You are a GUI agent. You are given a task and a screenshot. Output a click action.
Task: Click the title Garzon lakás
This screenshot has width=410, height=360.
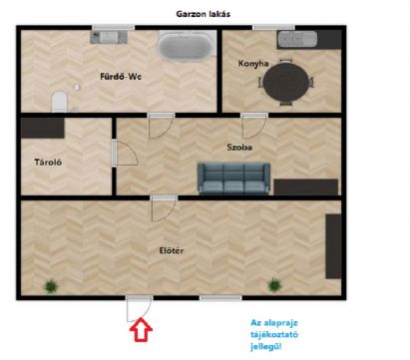(x=203, y=14)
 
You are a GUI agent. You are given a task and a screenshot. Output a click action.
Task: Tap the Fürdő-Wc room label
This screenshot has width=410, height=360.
(x=121, y=77)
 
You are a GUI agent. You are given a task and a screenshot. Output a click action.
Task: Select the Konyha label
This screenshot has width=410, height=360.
(x=253, y=64)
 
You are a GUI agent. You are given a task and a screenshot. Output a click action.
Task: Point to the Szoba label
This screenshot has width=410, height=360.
(x=239, y=148)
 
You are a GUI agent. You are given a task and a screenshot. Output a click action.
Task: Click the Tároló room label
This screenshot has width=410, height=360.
(x=48, y=163)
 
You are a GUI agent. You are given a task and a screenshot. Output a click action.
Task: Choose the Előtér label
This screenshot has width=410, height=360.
(x=172, y=250)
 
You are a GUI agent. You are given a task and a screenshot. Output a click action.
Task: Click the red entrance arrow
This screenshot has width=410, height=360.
(x=141, y=329)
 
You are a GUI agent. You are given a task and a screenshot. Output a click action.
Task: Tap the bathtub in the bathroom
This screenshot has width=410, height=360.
(x=186, y=47)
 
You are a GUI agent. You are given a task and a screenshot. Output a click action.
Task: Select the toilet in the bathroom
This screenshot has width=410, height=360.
(x=60, y=102)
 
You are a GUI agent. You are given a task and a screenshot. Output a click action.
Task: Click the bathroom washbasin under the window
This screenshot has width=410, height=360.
(x=109, y=37)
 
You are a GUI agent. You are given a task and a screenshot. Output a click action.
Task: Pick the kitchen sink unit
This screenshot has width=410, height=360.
(x=297, y=39)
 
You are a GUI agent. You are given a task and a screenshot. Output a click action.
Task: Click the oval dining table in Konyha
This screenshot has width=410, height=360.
(x=286, y=83)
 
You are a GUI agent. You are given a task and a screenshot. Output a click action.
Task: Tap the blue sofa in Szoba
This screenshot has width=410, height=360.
(x=233, y=179)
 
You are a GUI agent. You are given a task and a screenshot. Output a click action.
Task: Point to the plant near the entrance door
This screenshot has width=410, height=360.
(x=51, y=286)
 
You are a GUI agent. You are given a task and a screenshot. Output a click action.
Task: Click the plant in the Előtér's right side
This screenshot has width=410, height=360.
(x=274, y=285)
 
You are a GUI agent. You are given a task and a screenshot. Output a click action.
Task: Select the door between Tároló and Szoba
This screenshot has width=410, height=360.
(x=125, y=153)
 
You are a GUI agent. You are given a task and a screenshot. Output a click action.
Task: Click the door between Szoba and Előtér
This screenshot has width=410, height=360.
(x=164, y=208)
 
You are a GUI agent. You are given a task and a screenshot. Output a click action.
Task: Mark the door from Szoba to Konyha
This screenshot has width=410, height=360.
(x=254, y=126)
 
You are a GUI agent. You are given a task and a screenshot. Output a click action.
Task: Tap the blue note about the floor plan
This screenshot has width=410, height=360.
(x=274, y=335)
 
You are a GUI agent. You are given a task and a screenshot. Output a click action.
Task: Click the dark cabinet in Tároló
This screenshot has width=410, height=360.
(x=43, y=128)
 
